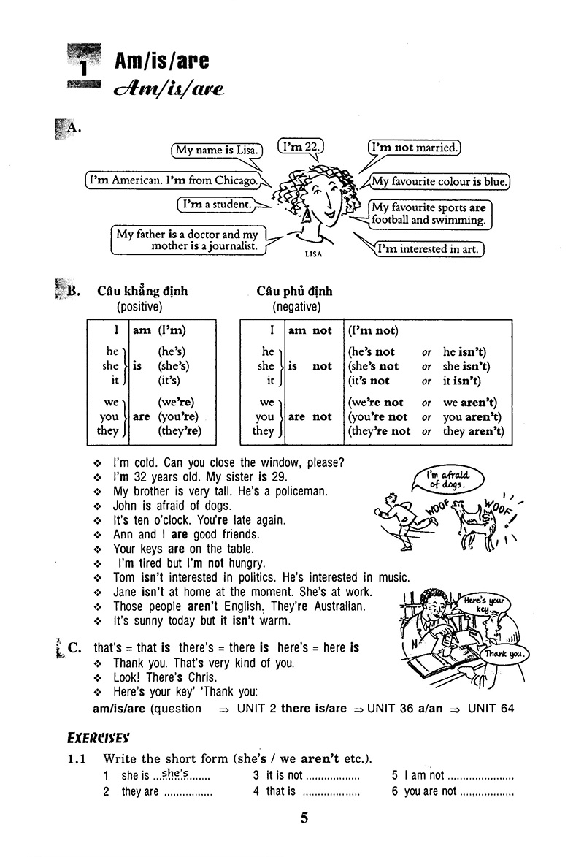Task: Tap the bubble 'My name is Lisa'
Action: pos(217,151)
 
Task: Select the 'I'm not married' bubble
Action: pos(415,148)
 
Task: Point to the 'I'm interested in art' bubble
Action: pos(430,248)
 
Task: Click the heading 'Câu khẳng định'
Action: pos(142,291)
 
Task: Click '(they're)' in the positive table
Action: pos(179,431)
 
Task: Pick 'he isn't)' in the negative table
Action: pos(465,351)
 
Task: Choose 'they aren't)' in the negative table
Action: pos(473,431)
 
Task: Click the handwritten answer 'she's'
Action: pos(175,773)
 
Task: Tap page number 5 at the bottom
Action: pos(304,818)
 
